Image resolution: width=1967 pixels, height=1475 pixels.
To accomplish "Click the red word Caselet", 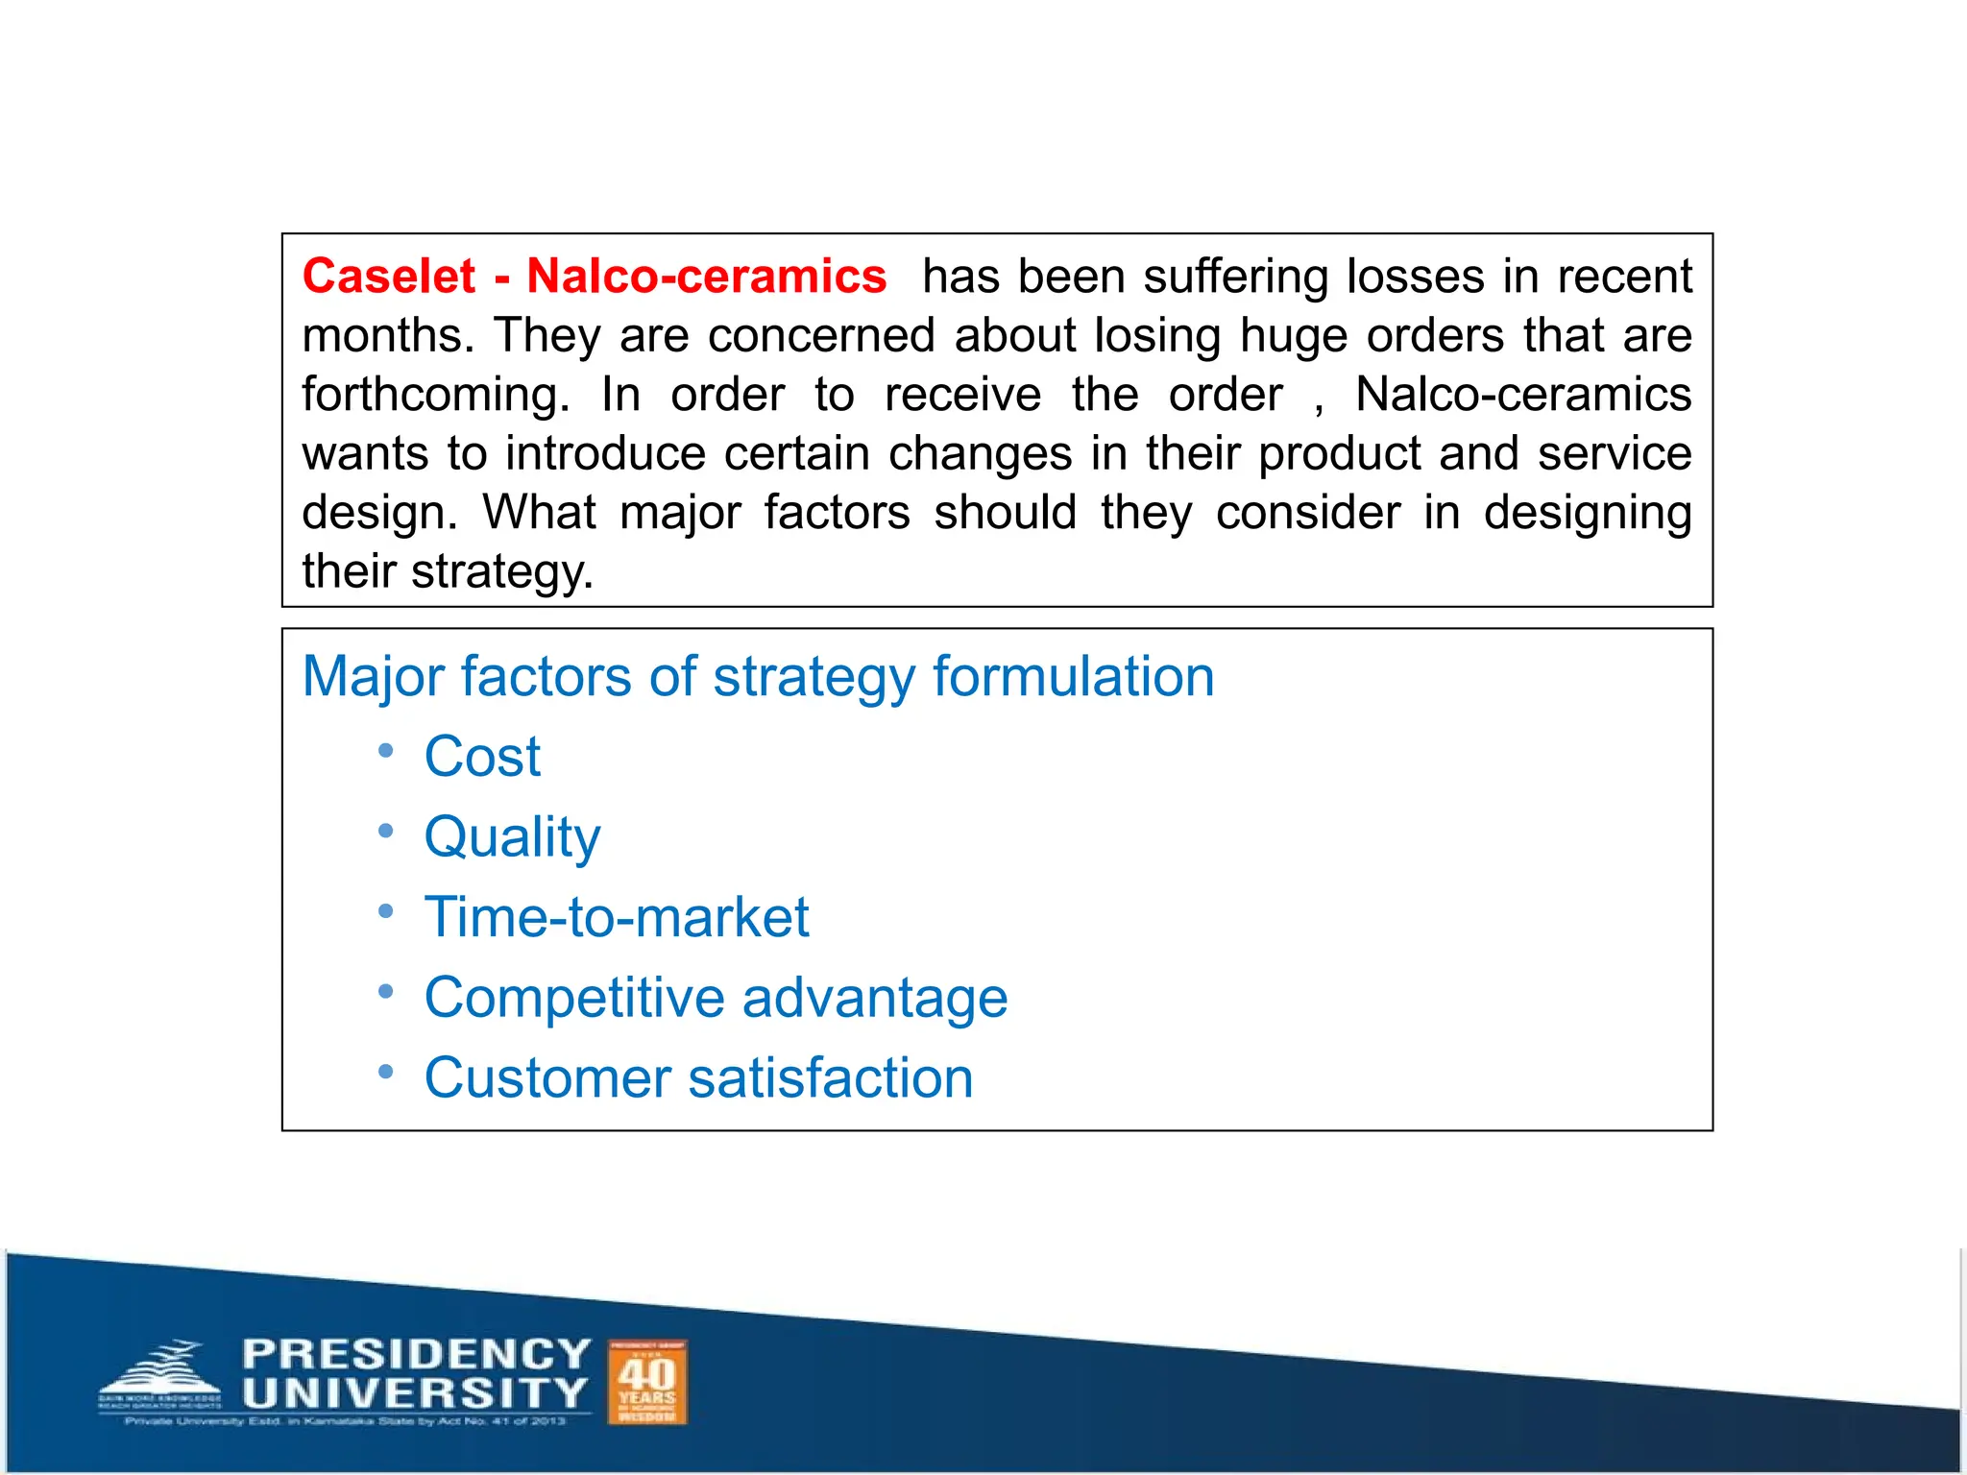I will [x=388, y=277].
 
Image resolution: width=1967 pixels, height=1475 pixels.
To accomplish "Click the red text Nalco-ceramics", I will [x=706, y=277].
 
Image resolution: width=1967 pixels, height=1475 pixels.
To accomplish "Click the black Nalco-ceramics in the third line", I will [x=1523, y=395].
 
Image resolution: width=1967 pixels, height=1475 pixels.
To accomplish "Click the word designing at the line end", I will [x=1587, y=513].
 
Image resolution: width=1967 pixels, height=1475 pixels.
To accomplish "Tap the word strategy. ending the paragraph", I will [x=502, y=572].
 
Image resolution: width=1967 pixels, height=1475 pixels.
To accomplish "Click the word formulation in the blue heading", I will [x=1073, y=676].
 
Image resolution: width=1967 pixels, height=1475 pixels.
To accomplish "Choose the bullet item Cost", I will [x=482, y=757].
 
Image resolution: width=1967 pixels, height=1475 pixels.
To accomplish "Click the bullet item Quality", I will [x=512, y=837].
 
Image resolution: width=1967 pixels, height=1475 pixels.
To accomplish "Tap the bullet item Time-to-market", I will [x=617, y=917].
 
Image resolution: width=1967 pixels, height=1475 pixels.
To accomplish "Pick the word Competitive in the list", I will [x=574, y=998].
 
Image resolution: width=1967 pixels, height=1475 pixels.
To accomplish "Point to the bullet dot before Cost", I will [x=385, y=751].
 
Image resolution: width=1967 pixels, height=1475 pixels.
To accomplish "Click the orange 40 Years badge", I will [x=647, y=1382].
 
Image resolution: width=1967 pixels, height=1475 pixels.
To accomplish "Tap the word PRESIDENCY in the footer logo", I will [x=416, y=1354].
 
